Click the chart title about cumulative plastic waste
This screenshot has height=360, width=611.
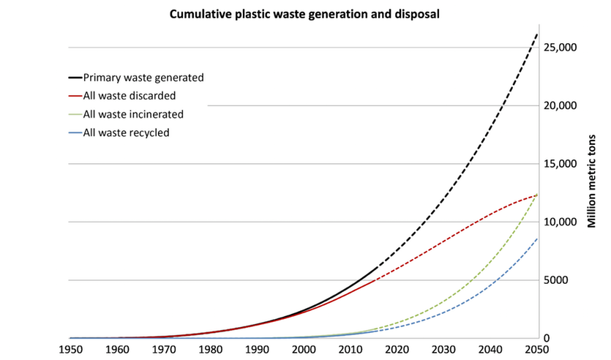click(304, 14)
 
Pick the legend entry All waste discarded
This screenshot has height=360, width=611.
click(130, 95)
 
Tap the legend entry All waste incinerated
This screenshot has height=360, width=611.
click(132, 114)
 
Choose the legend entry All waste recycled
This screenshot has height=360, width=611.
click(127, 132)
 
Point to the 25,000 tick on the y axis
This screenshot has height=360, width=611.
click(564, 48)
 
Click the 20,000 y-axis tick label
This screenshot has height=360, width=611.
click(564, 105)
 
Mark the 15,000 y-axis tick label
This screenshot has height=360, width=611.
click(564, 164)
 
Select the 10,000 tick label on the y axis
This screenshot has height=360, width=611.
click(564, 222)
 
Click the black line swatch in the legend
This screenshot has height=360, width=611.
click(74, 77)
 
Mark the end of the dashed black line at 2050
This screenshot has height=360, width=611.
click(538, 33)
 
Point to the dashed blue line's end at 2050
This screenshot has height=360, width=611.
click(538, 239)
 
